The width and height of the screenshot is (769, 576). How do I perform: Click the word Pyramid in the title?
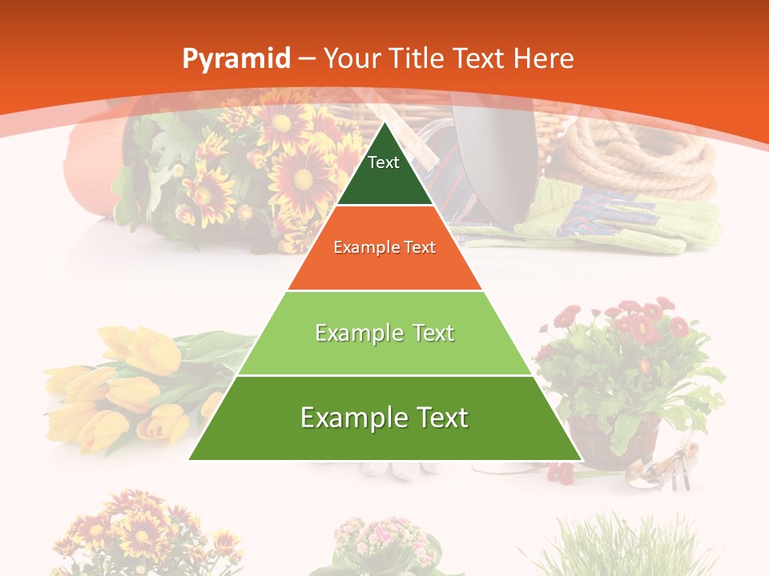[236, 59]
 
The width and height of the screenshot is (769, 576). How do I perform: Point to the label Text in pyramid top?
[384, 162]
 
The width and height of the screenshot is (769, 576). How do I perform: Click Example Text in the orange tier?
[384, 247]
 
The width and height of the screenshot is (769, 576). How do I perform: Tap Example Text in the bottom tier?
[384, 418]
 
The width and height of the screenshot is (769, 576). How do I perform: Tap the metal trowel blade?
[481, 152]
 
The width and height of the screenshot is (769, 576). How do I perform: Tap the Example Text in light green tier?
[384, 333]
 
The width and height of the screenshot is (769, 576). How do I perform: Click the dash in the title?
[306, 59]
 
